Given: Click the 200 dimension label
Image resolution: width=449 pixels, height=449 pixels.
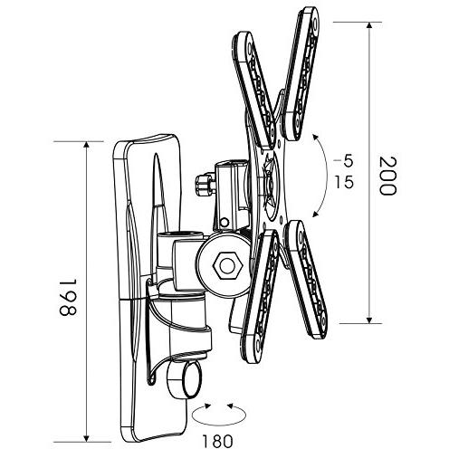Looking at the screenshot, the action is point(387,176).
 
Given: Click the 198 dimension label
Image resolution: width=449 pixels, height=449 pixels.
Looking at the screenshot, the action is point(68,297).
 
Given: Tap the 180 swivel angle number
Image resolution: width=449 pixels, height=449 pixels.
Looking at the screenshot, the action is point(217,441).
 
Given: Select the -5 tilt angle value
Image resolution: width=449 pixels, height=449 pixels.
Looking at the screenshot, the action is point(343,162).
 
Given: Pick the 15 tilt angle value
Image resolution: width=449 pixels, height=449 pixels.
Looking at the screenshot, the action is point(344,182).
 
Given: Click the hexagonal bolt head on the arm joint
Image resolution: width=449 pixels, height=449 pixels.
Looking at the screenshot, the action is point(227,266).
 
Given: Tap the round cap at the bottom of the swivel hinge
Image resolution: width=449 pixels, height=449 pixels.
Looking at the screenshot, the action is point(184,380).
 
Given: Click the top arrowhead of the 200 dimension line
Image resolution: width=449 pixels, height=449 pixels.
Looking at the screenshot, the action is point(369,25).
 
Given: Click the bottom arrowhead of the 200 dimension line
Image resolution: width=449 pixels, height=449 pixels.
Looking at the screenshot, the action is point(369,320).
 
